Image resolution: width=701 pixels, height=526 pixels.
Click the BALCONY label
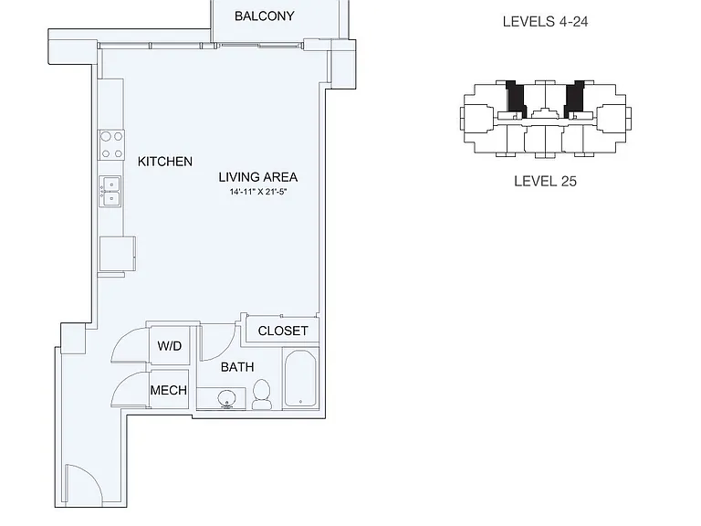point(264,16)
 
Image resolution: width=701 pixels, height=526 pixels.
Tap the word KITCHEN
point(165,162)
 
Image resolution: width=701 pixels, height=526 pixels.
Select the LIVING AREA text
point(258,177)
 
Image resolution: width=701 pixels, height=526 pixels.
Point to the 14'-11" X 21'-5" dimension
point(258,193)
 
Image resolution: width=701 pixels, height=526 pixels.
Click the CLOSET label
point(283,331)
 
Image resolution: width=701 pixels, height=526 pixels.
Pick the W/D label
point(170,346)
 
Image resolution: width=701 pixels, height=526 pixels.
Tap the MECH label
point(169,391)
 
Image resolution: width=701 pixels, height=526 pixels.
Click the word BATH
point(237,367)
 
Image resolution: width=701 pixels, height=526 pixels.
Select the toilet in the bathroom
point(262,394)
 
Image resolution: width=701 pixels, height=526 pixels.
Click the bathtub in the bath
point(300,378)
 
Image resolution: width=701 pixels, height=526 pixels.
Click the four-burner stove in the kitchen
point(111,144)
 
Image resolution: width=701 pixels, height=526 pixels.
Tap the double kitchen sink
point(110,191)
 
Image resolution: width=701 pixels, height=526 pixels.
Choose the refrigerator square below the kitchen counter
point(117,254)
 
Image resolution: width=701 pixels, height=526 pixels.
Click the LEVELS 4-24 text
point(545,22)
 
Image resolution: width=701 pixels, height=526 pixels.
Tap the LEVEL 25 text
point(545,181)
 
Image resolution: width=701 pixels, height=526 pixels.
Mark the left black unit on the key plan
point(517,100)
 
